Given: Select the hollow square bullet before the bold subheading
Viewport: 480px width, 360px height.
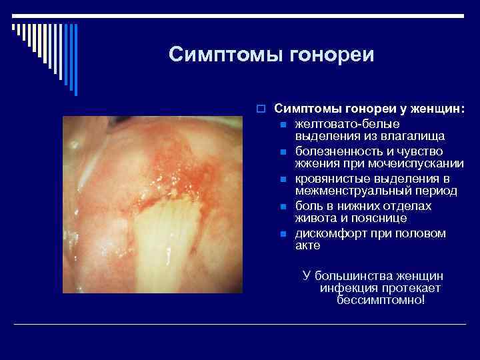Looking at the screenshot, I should pyautogui.click(x=264, y=108).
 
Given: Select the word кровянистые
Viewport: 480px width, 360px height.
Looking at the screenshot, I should pyautogui.click(x=330, y=179).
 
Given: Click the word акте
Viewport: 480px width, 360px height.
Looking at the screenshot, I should pyautogui.click(x=307, y=245).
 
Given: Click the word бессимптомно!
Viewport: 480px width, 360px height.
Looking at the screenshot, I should pyautogui.click(x=381, y=299).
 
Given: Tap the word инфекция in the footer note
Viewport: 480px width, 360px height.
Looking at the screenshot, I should pyautogui.click(x=347, y=287).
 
